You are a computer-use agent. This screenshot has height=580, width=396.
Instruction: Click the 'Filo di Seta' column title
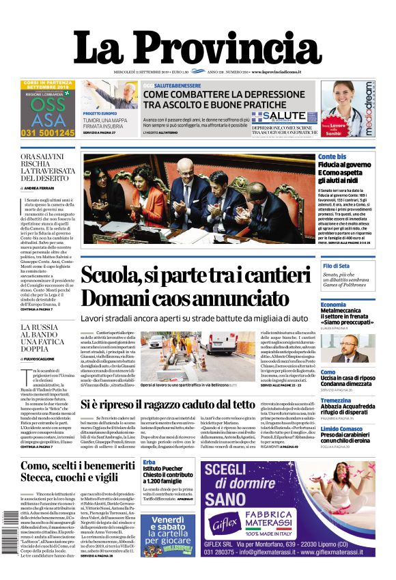pyautogui.click(x=336, y=265)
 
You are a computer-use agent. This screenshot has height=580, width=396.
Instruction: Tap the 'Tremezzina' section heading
pyautogui.click(x=336, y=401)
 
